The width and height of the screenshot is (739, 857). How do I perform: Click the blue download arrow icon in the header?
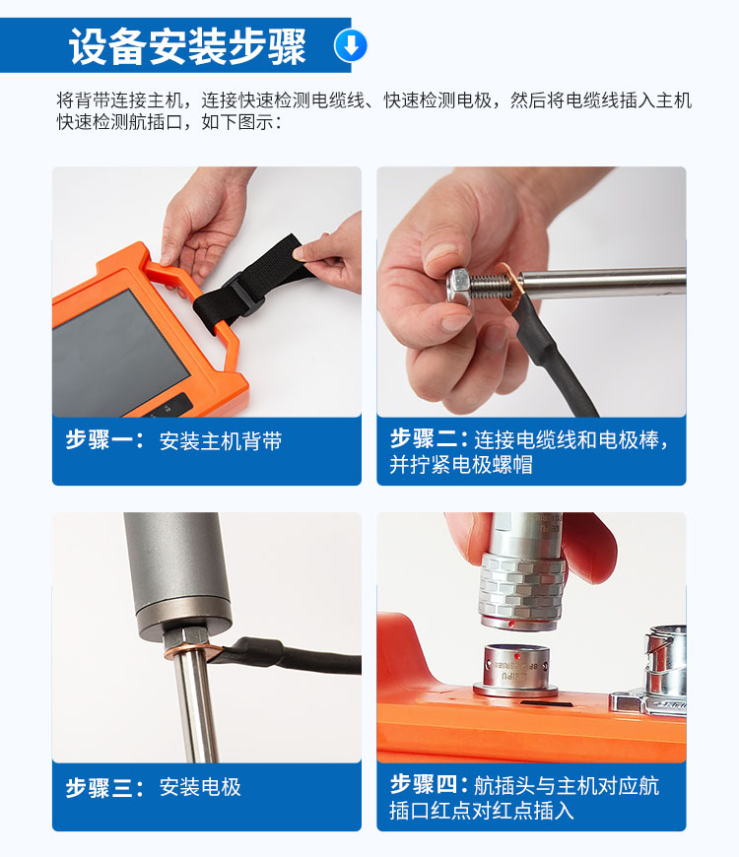351,44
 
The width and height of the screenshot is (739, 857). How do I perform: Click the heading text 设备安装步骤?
187,46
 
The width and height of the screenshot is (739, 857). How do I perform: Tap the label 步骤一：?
104,440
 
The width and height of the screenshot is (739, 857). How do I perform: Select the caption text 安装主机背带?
221,441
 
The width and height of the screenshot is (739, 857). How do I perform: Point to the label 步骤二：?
429,439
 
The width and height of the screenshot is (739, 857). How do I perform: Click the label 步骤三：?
104,787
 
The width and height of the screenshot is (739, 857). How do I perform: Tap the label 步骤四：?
429,785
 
